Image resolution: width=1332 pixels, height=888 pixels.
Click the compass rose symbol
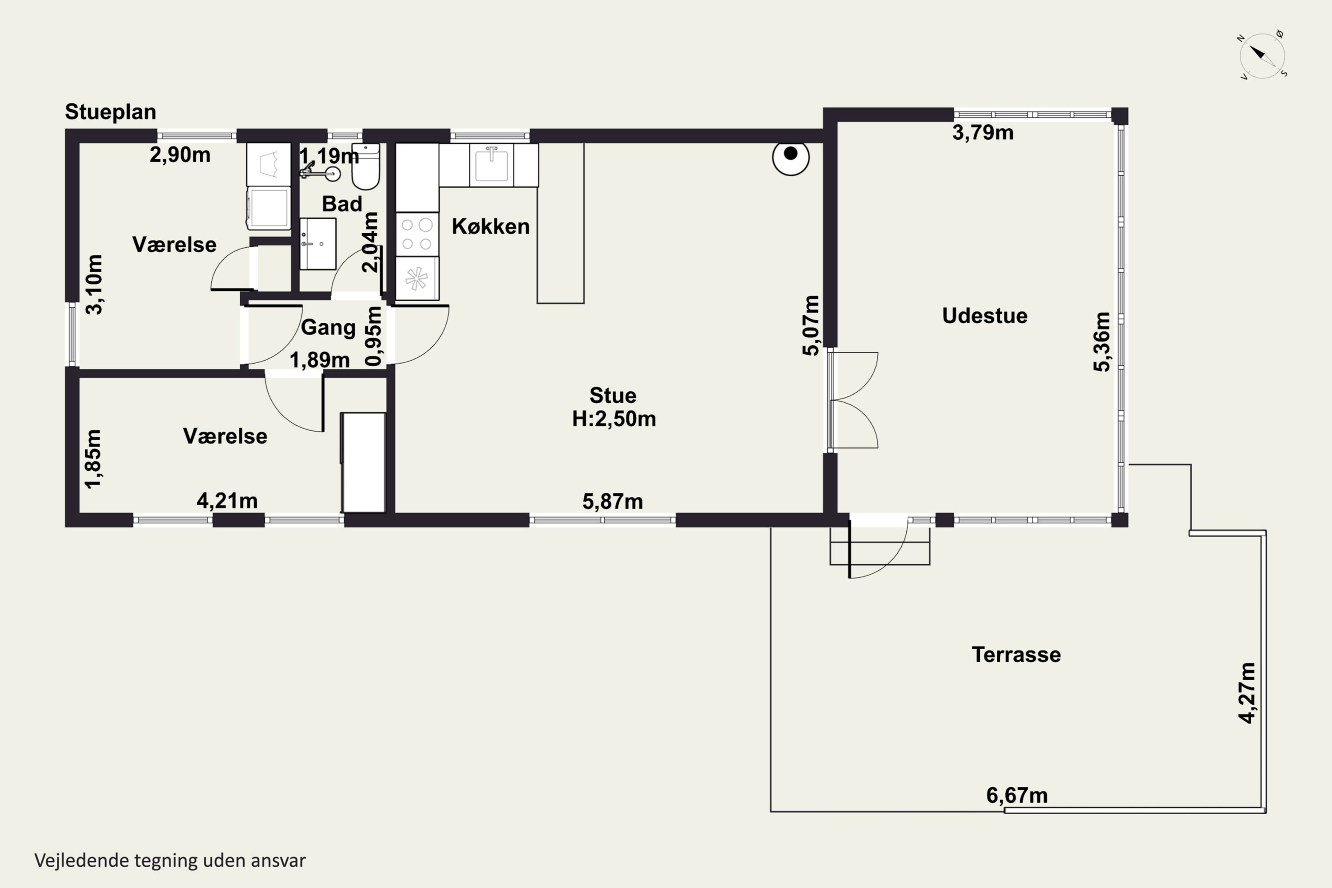click(x=1262, y=55)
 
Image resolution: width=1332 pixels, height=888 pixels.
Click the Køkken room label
click(x=491, y=226)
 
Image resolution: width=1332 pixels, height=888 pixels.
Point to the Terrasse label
click(x=1016, y=654)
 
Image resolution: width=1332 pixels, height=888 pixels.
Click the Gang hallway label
click(x=328, y=327)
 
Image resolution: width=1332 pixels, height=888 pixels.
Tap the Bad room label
click(x=342, y=204)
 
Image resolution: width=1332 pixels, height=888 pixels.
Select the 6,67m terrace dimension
click(x=1017, y=796)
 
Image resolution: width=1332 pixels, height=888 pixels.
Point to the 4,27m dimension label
click(x=1247, y=693)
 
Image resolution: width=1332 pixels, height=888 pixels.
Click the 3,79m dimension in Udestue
click(x=983, y=132)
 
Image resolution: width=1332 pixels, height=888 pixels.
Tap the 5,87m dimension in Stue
click(x=613, y=501)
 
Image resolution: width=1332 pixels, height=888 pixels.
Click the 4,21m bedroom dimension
click(x=227, y=501)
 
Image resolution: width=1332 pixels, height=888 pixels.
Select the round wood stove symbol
click(x=791, y=157)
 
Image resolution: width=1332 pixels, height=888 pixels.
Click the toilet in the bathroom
click(x=365, y=166)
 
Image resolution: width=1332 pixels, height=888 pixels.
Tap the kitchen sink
click(x=491, y=165)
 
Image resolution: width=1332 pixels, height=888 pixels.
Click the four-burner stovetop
click(x=417, y=234)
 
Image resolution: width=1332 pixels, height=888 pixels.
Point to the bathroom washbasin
click(x=318, y=243)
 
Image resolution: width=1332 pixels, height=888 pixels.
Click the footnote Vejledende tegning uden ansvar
click(x=170, y=860)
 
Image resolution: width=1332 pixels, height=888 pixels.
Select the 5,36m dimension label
click(x=1102, y=341)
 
